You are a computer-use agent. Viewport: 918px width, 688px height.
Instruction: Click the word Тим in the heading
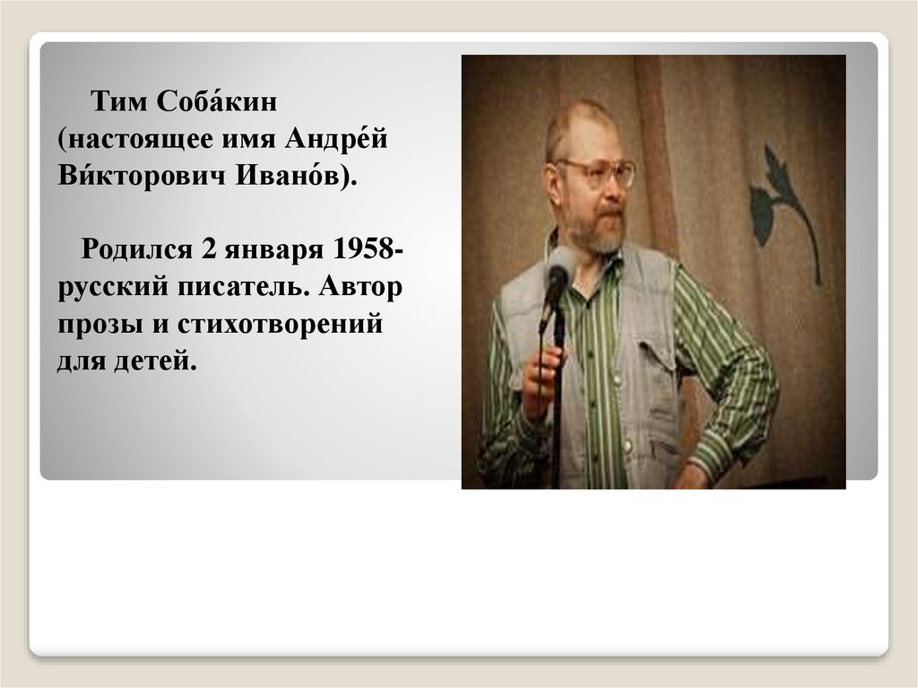coord(119,102)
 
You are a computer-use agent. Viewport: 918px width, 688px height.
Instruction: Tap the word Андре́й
coord(337,138)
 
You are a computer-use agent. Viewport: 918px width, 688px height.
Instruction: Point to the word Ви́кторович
coord(141,175)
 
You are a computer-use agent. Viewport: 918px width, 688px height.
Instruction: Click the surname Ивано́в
coord(287,175)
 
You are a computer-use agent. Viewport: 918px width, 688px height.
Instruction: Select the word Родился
coord(136,249)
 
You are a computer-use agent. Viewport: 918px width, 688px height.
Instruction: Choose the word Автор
coord(360,286)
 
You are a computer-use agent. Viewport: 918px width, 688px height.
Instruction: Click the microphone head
coord(560,266)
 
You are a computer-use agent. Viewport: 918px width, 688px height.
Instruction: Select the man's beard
coord(594,231)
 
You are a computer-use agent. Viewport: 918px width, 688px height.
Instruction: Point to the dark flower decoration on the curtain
coord(784,210)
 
